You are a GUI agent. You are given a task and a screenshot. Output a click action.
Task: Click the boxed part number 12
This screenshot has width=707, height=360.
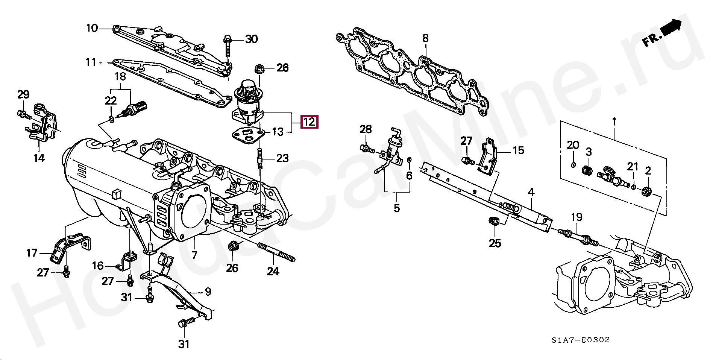point(309,122)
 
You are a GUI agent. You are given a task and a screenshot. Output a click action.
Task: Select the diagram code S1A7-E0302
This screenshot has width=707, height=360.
point(581,340)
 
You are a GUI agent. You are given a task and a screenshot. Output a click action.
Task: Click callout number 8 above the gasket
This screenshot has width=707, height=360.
point(425,38)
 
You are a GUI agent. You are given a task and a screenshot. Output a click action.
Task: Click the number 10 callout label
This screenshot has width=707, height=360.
point(92,28)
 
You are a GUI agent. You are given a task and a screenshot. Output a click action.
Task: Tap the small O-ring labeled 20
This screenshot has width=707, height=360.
point(573,165)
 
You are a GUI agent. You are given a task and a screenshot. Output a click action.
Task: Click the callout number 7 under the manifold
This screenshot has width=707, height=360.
point(194,255)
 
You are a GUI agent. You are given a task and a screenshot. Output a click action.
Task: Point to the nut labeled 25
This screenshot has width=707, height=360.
point(493,222)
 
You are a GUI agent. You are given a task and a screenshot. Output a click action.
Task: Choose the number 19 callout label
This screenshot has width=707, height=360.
point(577,217)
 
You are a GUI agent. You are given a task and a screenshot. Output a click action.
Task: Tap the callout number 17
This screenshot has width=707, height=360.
point(32,253)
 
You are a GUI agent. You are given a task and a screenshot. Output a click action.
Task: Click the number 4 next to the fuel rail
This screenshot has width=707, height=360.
point(531,193)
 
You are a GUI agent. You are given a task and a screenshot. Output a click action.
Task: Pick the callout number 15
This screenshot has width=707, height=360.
point(518,150)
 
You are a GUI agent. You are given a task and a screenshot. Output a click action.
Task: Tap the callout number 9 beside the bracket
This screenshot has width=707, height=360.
point(208,292)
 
